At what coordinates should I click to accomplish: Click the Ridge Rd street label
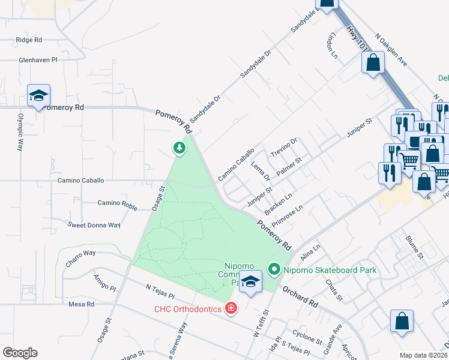point(29,40)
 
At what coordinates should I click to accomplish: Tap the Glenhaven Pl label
point(37,61)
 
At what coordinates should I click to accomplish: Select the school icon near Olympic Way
point(38,96)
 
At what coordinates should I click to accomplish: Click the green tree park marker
point(178,146)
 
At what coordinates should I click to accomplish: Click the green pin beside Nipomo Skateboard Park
point(275,270)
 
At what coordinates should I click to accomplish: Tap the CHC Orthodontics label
point(188,310)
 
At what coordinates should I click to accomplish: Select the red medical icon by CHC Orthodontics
point(230,309)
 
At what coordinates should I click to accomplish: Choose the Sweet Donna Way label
point(94,225)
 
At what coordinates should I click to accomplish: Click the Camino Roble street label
point(117,203)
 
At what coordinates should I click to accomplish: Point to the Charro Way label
point(81,253)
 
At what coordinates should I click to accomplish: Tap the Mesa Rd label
point(82,304)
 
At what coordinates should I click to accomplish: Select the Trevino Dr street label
point(283,146)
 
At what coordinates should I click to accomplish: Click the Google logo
point(20,353)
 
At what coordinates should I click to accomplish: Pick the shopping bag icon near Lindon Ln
point(373,62)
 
